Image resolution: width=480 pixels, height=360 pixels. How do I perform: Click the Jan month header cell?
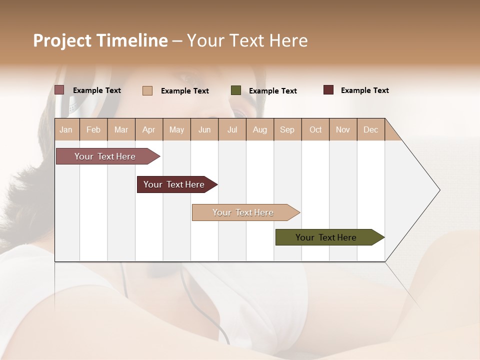66,129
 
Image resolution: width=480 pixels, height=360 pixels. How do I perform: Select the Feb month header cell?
93,129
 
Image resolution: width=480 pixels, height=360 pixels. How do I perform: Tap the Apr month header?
149,129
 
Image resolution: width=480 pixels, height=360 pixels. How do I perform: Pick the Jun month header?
204,129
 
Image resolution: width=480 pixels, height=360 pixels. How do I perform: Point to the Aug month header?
260,129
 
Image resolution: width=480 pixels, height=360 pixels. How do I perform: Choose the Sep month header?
287,129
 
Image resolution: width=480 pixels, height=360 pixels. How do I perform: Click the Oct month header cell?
315,129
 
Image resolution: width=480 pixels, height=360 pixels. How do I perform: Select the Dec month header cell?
371,129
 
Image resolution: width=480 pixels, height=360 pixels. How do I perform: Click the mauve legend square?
59,90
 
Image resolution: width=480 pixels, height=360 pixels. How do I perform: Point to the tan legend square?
147,90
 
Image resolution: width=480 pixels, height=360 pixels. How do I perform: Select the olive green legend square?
236,90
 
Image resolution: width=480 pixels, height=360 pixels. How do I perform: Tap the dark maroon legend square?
328,90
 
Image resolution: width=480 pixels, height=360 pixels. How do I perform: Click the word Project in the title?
62,40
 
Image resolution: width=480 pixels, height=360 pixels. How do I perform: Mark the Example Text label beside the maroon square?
364,90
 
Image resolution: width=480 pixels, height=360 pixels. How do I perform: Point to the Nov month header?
343,129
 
